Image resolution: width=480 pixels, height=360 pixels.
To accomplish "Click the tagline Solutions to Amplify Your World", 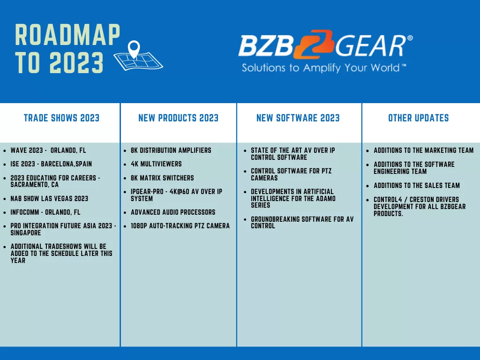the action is [x=323, y=67].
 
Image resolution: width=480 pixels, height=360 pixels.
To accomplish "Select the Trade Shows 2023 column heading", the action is [x=61, y=118].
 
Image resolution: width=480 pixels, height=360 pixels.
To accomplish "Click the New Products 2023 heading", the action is [x=179, y=118].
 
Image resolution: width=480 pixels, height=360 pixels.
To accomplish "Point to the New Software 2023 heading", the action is [x=298, y=118].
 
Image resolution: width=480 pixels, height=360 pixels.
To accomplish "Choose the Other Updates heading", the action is [x=419, y=118].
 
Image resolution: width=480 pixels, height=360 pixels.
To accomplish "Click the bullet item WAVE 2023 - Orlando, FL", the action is [x=48, y=150].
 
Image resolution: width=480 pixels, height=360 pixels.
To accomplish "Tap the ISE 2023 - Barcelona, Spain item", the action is [x=51, y=164].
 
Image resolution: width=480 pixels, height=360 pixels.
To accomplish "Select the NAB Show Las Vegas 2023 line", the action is [x=49, y=198].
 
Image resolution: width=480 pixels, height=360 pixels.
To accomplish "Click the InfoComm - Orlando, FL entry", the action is [x=45, y=212].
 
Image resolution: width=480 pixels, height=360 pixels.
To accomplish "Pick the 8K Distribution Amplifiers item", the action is [x=171, y=150].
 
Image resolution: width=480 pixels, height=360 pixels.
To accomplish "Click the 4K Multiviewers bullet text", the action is [x=156, y=164].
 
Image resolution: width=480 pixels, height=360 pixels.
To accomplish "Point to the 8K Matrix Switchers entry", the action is [x=162, y=178].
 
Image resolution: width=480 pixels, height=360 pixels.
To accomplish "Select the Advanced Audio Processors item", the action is [x=173, y=212].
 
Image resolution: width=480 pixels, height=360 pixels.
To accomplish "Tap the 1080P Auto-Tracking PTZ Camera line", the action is [x=180, y=225].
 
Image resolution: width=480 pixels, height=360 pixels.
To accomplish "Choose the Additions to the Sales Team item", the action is [x=417, y=185].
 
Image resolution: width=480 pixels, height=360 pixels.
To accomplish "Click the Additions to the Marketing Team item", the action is [x=424, y=150].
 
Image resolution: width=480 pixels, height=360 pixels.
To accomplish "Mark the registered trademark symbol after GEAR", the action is [x=410, y=38].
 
